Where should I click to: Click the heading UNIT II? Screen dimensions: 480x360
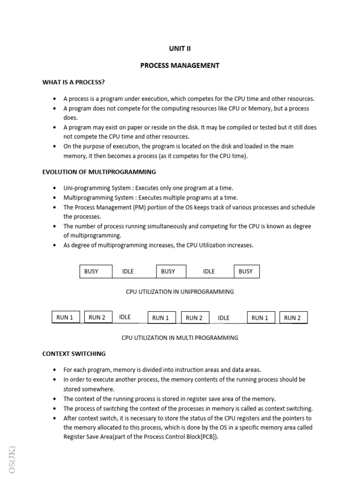click(x=180, y=48)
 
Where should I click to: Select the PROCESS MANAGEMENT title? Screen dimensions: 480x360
click(x=180, y=66)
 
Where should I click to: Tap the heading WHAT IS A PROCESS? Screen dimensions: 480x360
click(x=74, y=82)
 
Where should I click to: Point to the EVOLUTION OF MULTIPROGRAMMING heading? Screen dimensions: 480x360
click(x=99, y=172)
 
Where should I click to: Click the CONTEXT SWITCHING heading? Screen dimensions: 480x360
click(x=74, y=354)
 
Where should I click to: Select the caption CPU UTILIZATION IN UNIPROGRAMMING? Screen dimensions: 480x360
click(x=180, y=292)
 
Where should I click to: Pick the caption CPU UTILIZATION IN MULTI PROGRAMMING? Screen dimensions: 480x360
click(x=180, y=337)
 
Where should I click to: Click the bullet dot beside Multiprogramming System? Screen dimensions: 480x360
click(x=55, y=198)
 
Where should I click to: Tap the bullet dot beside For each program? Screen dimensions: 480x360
click(x=55, y=370)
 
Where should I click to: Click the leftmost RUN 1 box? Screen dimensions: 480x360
click(x=65, y=317)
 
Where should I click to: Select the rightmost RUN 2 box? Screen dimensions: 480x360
click(x=293, y=318)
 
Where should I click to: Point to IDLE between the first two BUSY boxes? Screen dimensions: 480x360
click(x=128, y=271)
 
